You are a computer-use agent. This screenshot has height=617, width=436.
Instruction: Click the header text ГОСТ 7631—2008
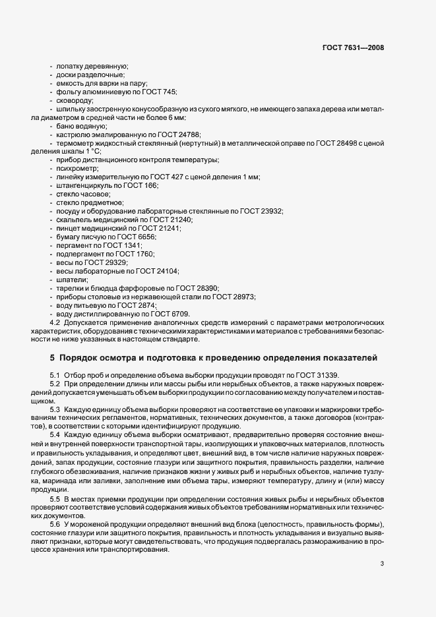[x=353, y=47]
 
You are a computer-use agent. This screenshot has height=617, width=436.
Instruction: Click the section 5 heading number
[x=52, y=357]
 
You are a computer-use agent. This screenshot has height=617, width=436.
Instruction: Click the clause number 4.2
[x=55, y=322]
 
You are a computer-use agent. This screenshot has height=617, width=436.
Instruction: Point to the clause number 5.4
[x=55, y=434]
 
